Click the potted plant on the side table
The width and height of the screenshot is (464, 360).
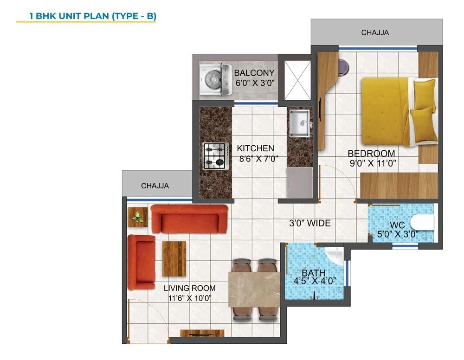point(137,216)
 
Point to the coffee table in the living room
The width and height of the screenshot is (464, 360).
point(174,258)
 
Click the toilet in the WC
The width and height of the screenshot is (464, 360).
point(423,223)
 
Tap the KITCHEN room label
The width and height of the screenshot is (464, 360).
point(255,148)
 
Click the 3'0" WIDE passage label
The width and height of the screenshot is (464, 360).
point(309,224)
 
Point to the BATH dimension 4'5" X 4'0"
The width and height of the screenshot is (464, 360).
point(314,281)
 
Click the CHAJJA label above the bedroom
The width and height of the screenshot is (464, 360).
point(375,32)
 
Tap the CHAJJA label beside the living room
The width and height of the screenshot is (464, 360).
point(155,186)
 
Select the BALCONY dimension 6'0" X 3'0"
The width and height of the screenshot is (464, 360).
point(254,83)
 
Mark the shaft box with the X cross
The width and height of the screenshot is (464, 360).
point(296,80)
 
